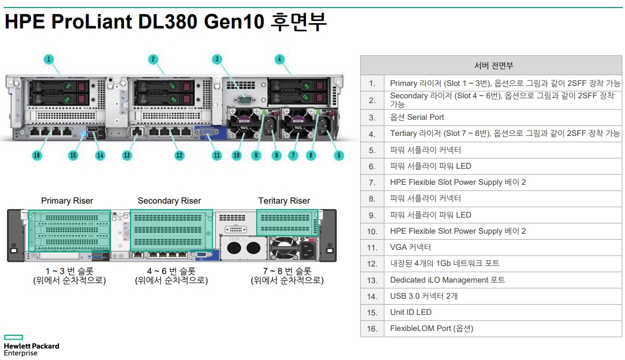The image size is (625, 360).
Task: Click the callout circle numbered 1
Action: pyautogui.click(x=49, y=59)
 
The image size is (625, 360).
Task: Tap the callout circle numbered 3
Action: pyautogui.click(x=217, y=59)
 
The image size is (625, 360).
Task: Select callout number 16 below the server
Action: pyautogui.click(x=37, y=155)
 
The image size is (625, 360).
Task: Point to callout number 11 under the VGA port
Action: pyautogui.click(x=217, y=155)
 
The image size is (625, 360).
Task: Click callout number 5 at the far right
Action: pyautogui.click(x=339, y=155)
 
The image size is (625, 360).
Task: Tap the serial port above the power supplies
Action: pyautogui.click(x=244, y=98)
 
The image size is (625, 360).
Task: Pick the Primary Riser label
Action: pyautogui.click(x=67, y=201)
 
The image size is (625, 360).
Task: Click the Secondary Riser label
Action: pyautogui.click(x=169, y=201)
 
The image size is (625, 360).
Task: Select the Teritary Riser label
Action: pyautogui.click(x=284, y=201)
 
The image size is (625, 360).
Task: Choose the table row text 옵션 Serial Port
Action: pyautogui.click(x=417, y=117)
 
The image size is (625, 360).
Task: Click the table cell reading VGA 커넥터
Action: pyautogui.click(x=411, y=247)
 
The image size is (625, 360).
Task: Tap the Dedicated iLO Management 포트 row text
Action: pyautogui.click(x=447, y=280)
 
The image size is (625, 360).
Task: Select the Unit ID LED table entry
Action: pyautogui.click(x=411, y=312)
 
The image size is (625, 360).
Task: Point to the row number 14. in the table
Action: pyautogui.click(x=372, y=296)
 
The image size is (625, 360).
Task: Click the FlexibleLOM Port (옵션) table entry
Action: pyautogui.click(x=432, y=328)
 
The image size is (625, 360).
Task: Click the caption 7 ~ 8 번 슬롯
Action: pyautogui.click(x=287, y=271)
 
